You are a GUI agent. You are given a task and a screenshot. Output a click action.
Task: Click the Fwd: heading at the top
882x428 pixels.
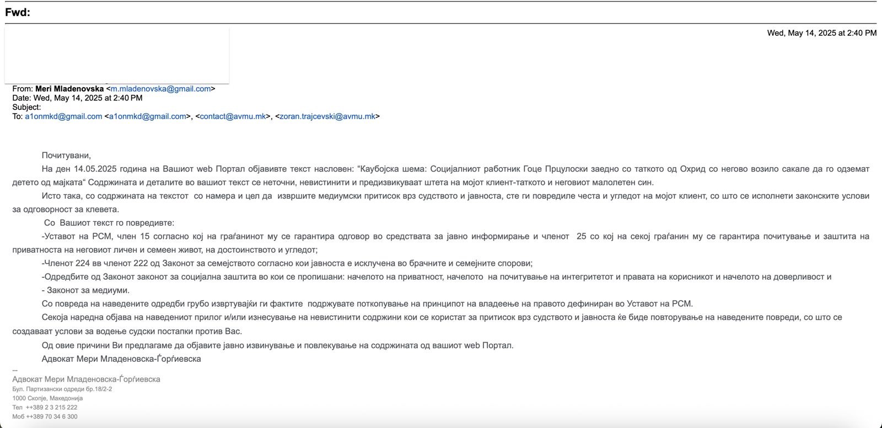[x=18, y=13]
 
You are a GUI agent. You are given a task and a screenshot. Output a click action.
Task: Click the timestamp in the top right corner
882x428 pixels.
[x=821, y=33]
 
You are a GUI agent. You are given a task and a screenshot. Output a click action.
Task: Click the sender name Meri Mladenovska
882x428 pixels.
[x=69, y=89]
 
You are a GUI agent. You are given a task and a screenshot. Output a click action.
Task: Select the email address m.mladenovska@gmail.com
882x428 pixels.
[x=160, y=89]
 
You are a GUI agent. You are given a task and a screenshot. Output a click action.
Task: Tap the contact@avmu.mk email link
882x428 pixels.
[x=233, y=116]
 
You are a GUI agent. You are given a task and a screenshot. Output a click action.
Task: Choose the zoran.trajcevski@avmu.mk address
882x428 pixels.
[x=327, y=116]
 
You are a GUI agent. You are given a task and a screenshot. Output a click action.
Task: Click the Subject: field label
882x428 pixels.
[x=26, y=107]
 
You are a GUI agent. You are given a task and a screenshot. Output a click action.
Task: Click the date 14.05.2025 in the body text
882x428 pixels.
[x=94, y=169]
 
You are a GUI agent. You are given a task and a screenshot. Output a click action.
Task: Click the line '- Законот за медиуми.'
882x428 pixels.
[x=86, y=290]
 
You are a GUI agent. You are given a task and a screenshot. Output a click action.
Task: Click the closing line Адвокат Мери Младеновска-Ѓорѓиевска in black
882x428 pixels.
[x=121, y=359]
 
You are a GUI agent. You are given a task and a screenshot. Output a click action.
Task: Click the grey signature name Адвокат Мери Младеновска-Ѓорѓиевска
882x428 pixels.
[x=86, y=379]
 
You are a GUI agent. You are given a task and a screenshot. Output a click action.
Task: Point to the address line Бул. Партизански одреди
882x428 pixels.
[x=62, y=389]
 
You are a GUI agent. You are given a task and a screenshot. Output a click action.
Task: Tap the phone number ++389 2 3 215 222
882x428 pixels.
[x=51, y=408]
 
